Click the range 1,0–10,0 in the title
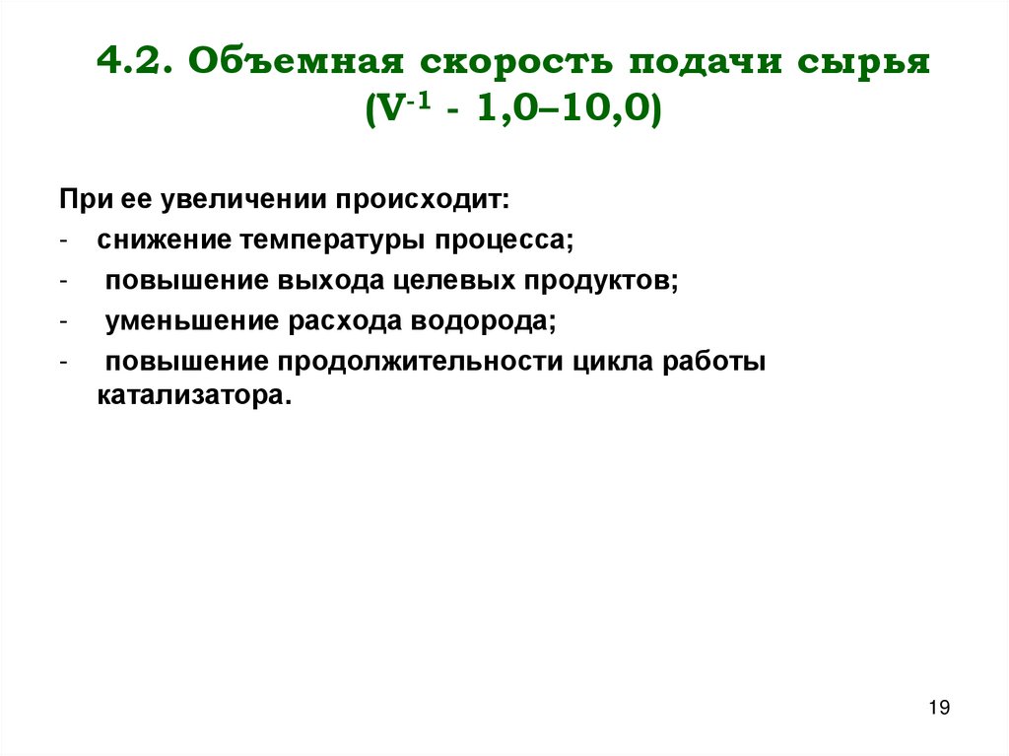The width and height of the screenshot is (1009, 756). pyautogui.click(x=564, y=108)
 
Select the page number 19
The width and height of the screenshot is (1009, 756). pyautogui.click(x=939, y=708)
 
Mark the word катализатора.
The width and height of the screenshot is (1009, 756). pyautogui.click(x=195, y=397)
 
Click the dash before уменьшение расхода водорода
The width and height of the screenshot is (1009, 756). pyautogui.click(x=63, y=321)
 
